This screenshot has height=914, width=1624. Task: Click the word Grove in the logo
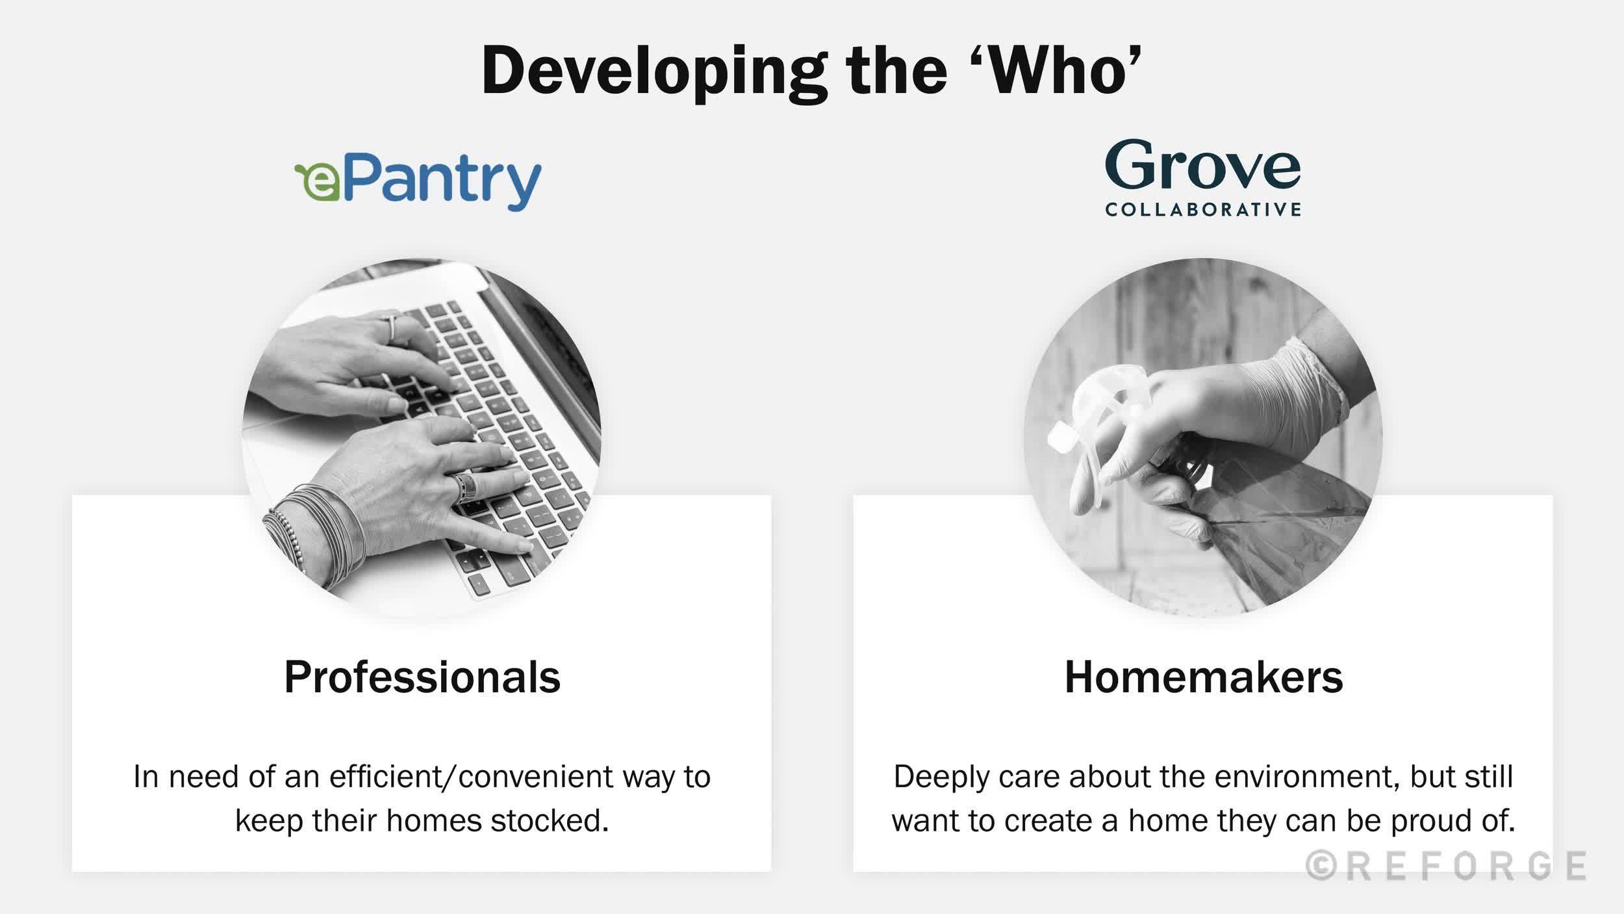(1202, 165)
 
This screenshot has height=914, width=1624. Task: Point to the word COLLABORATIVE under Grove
(1203, 209)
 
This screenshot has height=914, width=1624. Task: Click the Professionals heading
(422, 677)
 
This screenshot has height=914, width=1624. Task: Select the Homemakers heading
(1203, 677)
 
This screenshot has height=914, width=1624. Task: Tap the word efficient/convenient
(471, 776)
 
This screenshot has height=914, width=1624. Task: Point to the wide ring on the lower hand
(464, 487)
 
